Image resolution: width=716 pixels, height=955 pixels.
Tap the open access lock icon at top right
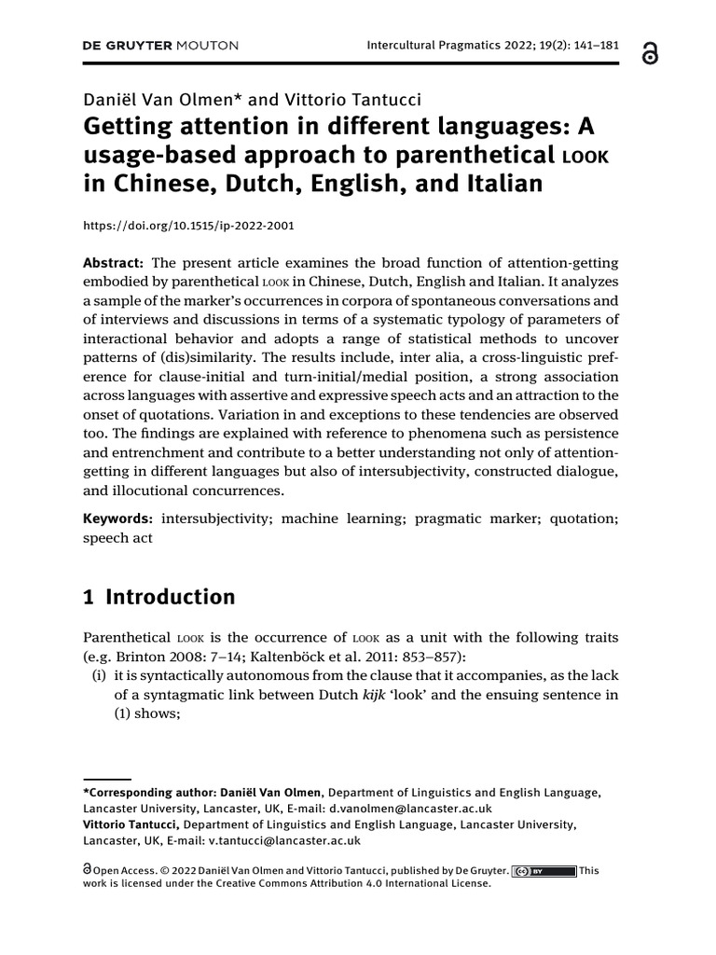coord(649,54)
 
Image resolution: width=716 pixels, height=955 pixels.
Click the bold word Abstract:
coord(113,263)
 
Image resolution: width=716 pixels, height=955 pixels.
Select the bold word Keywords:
coord(117,518)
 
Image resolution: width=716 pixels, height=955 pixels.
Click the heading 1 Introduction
coord(159,597)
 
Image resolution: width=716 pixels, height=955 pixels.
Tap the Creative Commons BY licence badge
coord(544,871)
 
